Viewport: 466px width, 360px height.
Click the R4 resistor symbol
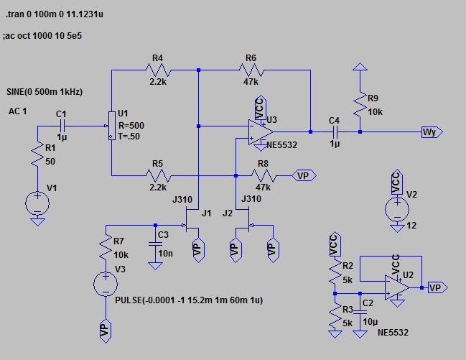[157, 70]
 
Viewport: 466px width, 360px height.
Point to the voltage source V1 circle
[37, 204]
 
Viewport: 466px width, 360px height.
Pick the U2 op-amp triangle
[397, 286]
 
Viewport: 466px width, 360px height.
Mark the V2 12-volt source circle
[396, 209]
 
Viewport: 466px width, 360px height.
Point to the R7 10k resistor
[106, 249]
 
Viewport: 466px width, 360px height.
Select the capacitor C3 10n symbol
[154, 244]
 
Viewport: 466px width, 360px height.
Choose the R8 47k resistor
[263, 175]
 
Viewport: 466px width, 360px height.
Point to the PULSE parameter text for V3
[188, 300]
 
